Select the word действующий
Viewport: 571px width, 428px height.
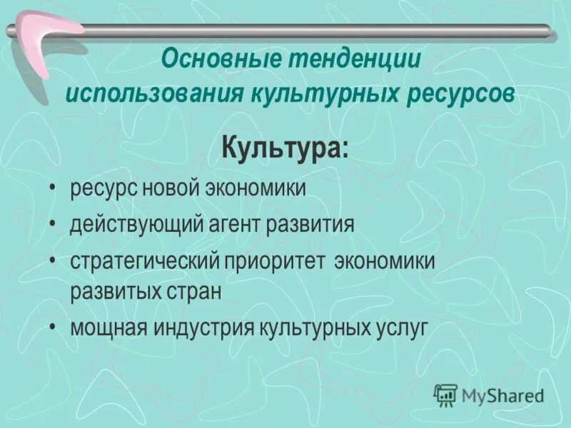[x=121, y=225]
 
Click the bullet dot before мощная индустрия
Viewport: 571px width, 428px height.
[x=54, y=328]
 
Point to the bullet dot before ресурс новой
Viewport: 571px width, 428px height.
[x=54, y=189]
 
